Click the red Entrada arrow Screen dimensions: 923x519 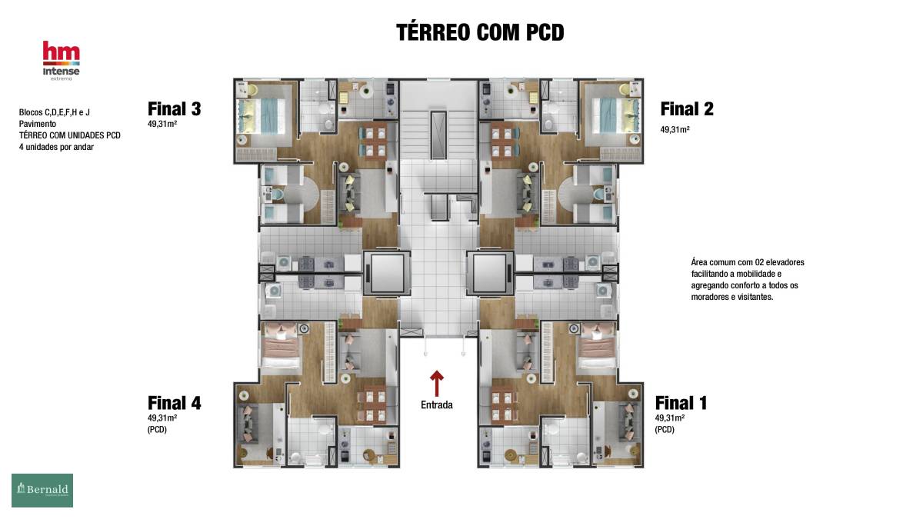point(437,383)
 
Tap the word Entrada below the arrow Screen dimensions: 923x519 point(437,405)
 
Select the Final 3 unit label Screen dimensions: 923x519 point(175,109)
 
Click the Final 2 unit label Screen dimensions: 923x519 point(687,109)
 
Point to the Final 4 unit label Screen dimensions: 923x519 point(175,403)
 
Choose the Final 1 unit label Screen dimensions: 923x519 point(681,403)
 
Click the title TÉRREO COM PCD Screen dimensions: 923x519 point(480,32)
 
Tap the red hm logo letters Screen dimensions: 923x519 point(62,51)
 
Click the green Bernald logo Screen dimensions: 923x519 point(42,491)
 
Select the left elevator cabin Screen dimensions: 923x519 point(387,273)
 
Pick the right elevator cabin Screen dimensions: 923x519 point(490,273)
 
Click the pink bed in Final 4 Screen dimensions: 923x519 point(280,345)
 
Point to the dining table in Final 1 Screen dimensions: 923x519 point(503,405)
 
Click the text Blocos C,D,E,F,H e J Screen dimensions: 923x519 point(55,112)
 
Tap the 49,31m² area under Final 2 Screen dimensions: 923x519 point(675,129)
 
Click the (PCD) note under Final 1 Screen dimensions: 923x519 point(665,430)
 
